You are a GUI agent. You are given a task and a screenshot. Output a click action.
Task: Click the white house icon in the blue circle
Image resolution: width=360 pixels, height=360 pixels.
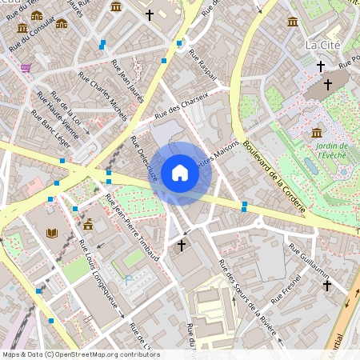point(180,173)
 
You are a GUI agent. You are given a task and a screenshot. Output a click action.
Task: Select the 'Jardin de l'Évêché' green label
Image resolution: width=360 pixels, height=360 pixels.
point(331,152)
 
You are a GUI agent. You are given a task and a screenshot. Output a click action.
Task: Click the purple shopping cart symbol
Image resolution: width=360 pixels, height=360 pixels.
point(26,69)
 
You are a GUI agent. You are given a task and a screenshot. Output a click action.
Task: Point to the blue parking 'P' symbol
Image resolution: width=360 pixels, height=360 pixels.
point(127,279)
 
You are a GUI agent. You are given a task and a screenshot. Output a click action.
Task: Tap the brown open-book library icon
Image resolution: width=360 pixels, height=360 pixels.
point(52,233)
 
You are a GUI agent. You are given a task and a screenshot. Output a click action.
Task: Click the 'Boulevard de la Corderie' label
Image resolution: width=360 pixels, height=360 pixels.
point(274,176)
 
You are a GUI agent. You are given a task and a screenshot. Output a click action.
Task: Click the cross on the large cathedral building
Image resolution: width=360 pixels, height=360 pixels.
point(327,83)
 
